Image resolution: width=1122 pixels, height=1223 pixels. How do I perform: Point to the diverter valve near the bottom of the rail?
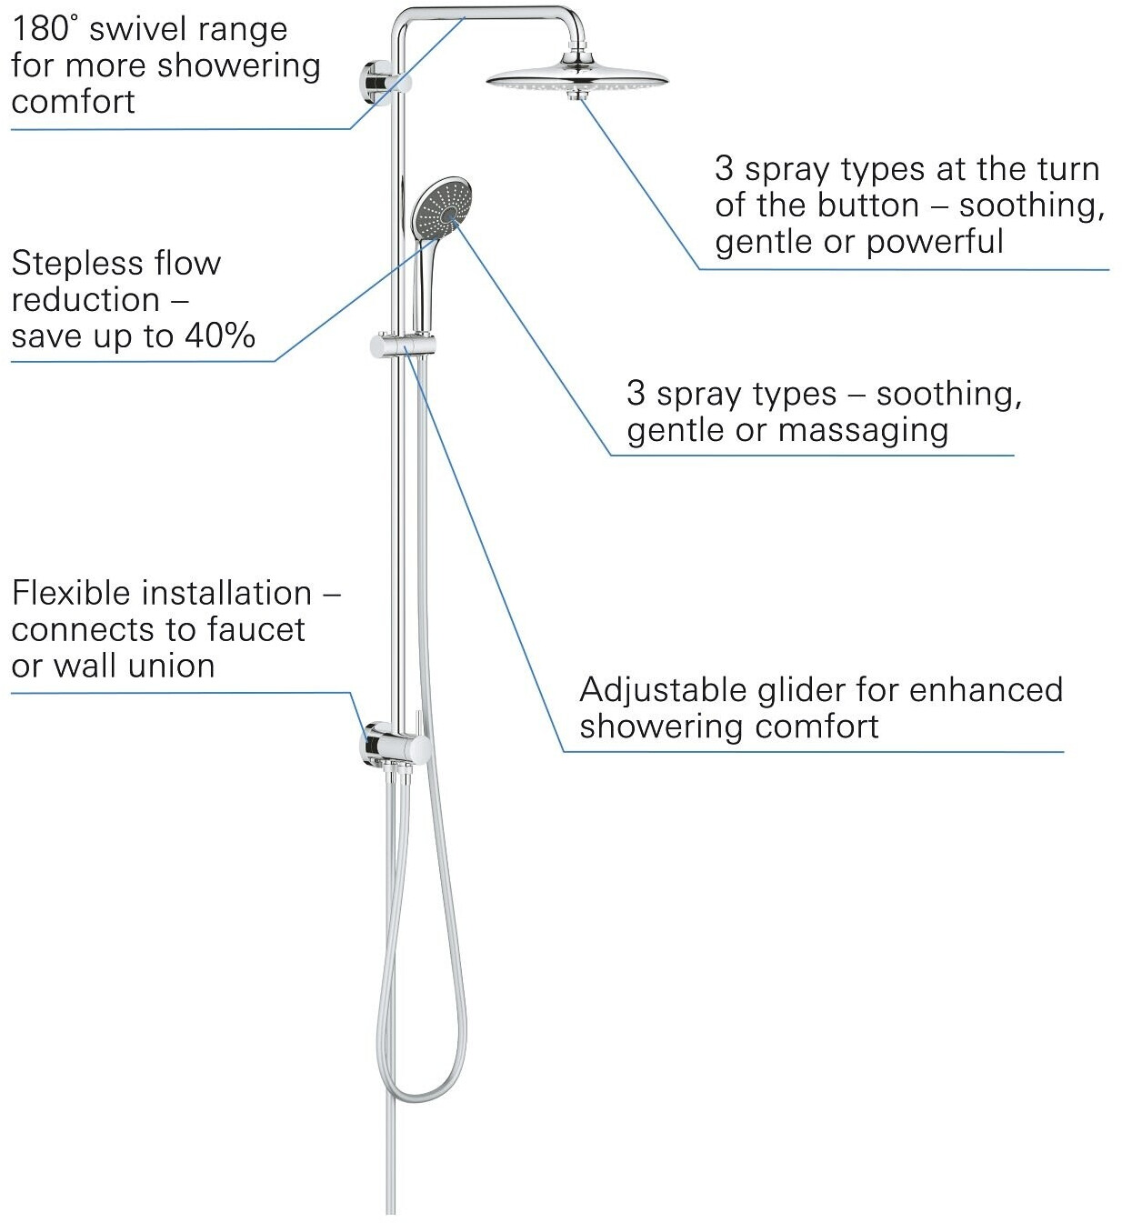click(x=398, y=747)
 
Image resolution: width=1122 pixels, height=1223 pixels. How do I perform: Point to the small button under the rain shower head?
click(x=576, y=95)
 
